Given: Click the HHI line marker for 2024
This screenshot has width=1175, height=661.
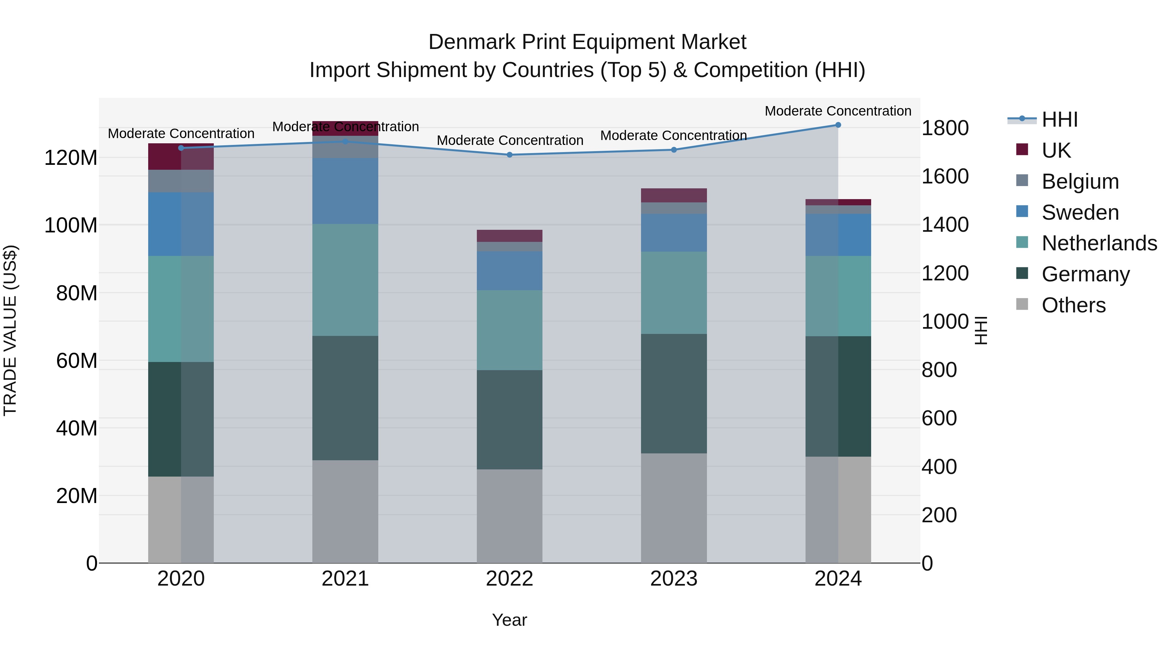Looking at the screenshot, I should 838,125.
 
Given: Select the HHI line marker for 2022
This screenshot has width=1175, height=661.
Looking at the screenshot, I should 509,155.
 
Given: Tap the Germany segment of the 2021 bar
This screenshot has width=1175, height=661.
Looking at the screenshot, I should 345,398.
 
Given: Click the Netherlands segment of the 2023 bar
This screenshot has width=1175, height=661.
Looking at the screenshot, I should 674,292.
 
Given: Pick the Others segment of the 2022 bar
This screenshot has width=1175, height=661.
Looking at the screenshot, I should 509,516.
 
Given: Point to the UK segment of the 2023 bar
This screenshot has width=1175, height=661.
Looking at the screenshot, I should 674,195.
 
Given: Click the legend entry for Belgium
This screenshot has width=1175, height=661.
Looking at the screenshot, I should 1080,181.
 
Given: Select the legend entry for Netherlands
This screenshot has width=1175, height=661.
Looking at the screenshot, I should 1099,243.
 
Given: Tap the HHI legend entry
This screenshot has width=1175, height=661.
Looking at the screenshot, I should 1059,119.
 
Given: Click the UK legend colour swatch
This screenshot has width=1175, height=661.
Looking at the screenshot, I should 1022,150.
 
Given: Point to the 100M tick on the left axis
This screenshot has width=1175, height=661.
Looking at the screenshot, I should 71,225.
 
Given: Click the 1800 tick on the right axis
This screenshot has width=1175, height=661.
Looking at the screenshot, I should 945,128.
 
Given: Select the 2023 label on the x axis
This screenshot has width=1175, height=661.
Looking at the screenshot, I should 674,579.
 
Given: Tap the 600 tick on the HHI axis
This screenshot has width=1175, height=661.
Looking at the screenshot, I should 939,418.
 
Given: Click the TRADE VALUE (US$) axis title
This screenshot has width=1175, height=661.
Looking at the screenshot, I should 10,330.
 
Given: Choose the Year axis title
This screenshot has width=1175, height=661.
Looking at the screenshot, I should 509,620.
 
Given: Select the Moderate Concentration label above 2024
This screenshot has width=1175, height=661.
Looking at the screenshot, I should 838,111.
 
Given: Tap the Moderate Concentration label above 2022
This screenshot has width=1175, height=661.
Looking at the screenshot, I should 509,140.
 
